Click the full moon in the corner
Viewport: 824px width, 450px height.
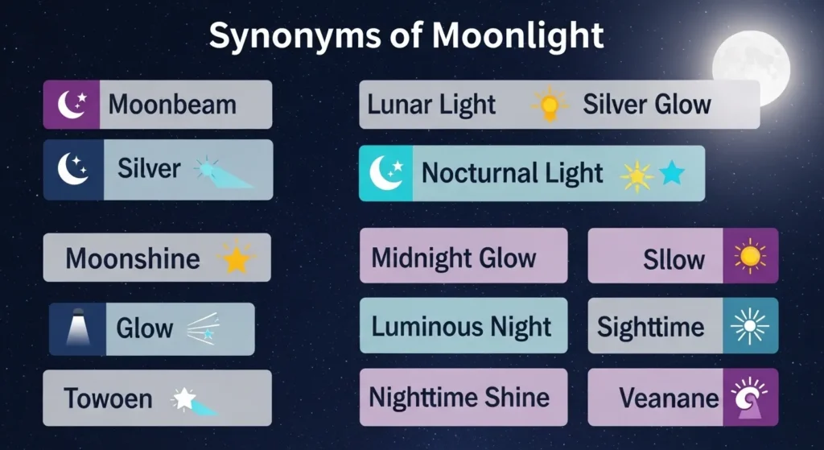[x=751, y=67]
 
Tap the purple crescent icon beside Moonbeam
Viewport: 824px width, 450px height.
[x=71, y=104]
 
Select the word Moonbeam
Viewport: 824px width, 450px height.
[x=172, y=104]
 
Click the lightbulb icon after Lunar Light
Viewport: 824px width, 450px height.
[x=550, y=105]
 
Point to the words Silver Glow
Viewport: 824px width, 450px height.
[x=647, y=104]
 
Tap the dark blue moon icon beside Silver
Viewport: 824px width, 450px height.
[x=74, y=169]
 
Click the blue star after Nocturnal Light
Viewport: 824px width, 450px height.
[x=672, y=173]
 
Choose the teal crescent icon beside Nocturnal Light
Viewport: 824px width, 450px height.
[x=385, y=173]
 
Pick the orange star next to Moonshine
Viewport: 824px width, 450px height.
[x=236, y=258]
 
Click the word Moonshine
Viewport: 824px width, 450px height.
[x=133, y=258]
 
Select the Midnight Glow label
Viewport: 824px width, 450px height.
[x=454, y=258]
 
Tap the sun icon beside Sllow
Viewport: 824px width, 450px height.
[x=750, y=256]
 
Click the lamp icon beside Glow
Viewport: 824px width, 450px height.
[x=77, y=328]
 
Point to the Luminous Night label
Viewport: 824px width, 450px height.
[x=462, y=326]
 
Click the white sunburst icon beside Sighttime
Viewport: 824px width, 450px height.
[x=750, y=326]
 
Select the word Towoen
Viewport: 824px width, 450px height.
[x=107, y=398]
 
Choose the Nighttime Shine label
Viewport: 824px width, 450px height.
[x=459, y=396]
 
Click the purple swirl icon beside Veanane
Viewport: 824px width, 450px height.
[x=750, y=397]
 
